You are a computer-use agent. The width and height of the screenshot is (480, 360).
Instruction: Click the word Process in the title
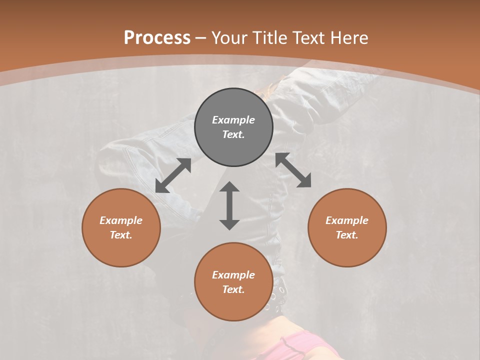tap(157, 38)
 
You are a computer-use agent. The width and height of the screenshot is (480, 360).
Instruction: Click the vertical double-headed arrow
tap(229, 205)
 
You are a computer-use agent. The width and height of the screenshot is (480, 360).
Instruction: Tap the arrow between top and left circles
tap(173, 175)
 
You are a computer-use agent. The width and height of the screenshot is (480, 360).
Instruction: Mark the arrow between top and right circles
tap(293, 170)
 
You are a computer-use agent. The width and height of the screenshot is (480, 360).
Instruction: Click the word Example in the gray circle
tap(233, 120)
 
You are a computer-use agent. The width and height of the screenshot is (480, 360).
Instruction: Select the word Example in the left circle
tap(121, 220)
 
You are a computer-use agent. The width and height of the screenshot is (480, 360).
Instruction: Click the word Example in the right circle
tap(347, 220)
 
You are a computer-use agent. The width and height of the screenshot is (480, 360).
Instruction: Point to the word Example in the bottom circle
tap(233, 275)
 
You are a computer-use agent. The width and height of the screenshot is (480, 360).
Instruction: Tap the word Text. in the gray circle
tap(233, 134)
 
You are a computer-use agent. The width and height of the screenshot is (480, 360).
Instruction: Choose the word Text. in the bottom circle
tap(233, 289)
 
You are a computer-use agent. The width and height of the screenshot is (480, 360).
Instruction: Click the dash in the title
tap(200, 38)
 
